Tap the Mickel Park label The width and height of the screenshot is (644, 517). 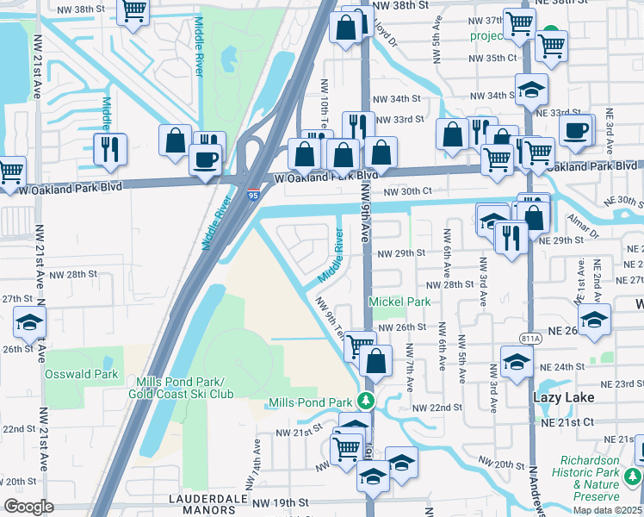click(x=399, y=302)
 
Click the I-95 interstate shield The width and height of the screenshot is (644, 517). click(x=252, y=196)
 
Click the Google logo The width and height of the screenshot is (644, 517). click(x=28, y=507)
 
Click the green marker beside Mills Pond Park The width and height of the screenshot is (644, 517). click(x=366, y=402)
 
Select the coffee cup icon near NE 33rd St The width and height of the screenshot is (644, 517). click(x=575, y=130)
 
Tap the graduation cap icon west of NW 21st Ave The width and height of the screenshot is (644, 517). click(x=29, y=324)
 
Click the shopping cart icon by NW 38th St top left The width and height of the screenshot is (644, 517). click(x=133, y=11)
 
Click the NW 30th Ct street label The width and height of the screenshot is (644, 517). click(x=407, y=191)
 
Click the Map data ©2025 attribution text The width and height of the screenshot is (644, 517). click(x=608, y=510)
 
